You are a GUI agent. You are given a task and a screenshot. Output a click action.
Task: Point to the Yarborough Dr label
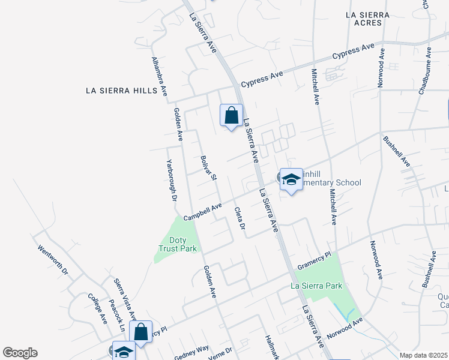pyautogui.click(x=172, y=179)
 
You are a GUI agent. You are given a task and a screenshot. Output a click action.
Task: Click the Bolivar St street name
pyautogui.click(x=208, y=167)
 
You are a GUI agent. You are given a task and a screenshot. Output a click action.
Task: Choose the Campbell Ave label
pyautogui.click(x=199, y=213)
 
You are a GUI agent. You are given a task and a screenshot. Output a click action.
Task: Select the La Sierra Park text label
pyautogui.click(x=316, y=286)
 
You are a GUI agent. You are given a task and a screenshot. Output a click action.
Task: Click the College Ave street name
pyautogui.click(x=97, y=308)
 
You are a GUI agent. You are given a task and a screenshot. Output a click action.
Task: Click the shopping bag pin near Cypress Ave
pyautogui.click(x=231, y=115)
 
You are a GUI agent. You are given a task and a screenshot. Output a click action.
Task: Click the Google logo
pyautogui.click(x=20, y=353)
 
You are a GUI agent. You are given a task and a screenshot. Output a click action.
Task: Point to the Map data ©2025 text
pyautogui.click(x=424, y=355)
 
